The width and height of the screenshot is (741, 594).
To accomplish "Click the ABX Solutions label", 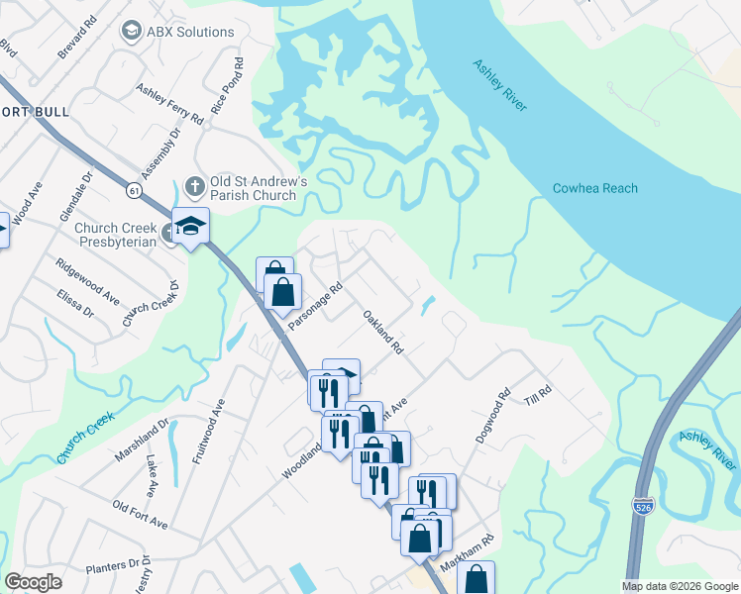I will point(190,32).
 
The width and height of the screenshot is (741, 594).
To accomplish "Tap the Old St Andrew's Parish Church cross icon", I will point(195,185).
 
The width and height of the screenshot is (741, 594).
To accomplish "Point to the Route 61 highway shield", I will point(132,188).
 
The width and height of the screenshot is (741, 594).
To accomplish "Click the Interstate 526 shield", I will point(643,506).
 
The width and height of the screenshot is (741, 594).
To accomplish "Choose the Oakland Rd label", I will point(383,334).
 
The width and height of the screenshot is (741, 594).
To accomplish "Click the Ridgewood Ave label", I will point(88,282).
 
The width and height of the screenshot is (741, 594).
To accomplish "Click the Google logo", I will point(33,582).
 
